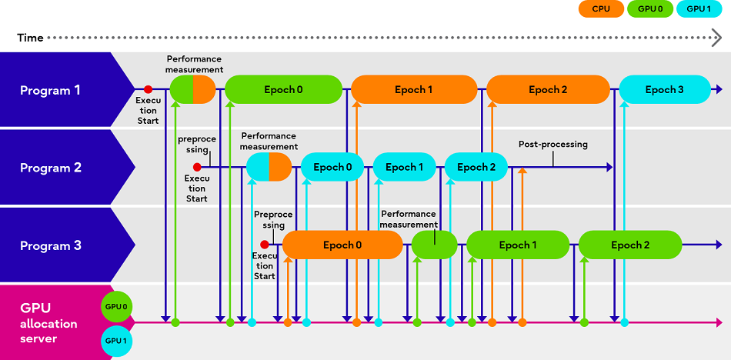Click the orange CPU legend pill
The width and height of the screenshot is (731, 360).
point(600,9)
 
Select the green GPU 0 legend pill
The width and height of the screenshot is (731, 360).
point(650,9)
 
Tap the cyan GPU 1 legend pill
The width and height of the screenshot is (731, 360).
point(699,9)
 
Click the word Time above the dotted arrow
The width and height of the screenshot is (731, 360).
point(30,38)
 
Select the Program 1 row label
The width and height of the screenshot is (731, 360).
point(50,90)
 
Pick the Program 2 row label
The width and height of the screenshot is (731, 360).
point(50,168)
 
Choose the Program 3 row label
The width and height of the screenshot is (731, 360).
point(50,245)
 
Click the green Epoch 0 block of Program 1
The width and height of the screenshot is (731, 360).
point(283,90)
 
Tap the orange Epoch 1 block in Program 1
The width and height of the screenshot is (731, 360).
point(414,90)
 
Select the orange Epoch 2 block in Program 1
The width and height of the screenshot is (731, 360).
point(548,90)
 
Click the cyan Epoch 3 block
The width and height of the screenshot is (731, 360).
point(665,90)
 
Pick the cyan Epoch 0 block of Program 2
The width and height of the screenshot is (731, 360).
point(332,167)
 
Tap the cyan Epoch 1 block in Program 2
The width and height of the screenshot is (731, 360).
point(405,167)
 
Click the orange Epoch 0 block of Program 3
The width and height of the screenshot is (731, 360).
point(342,245)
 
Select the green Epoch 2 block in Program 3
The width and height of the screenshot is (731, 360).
point(630,245)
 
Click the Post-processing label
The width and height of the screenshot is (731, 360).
point(552,145)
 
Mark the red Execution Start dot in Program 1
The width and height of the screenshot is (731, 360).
point(148,89)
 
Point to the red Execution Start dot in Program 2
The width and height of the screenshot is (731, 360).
point(197,167)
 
